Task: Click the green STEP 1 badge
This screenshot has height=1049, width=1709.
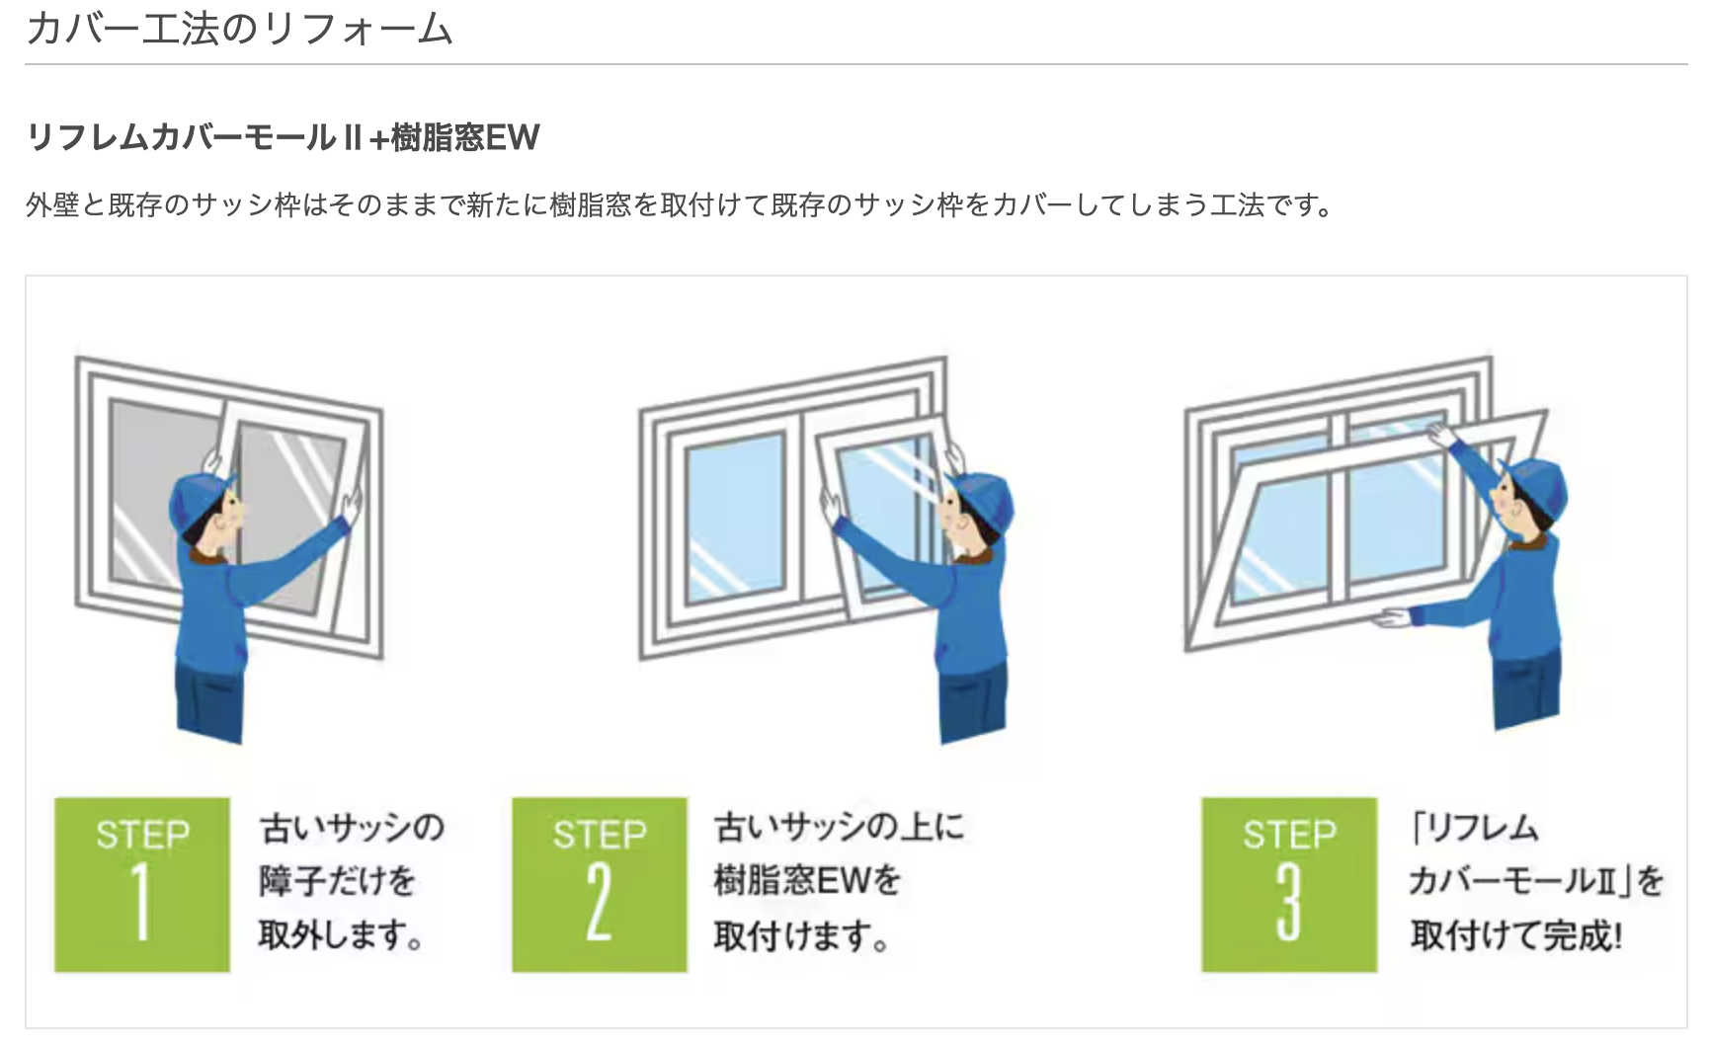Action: pos(142,884)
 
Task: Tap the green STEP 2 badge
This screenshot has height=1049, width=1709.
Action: pos(600,884)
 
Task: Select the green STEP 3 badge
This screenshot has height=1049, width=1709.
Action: pos(1289,884)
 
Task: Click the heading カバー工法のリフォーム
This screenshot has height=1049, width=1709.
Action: pos(239,29)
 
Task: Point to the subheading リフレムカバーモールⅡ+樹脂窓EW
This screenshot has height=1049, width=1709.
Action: pos(284,137)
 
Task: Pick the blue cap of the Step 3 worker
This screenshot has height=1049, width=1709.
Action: pos(1536,484)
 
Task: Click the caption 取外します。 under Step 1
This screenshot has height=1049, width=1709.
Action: pos(341,934)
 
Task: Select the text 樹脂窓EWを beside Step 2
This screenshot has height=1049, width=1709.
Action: pos(807,879)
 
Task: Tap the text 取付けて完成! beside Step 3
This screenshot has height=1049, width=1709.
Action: pos(1515,934)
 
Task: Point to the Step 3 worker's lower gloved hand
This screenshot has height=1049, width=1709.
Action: pos(1392,618)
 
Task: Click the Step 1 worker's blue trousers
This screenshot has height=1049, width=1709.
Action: pos(209,696)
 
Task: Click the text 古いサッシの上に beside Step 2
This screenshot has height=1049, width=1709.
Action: pos(840,827)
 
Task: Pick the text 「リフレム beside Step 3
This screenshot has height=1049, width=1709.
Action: pos(1475,827)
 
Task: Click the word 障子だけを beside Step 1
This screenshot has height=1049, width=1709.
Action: pos(337,879)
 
